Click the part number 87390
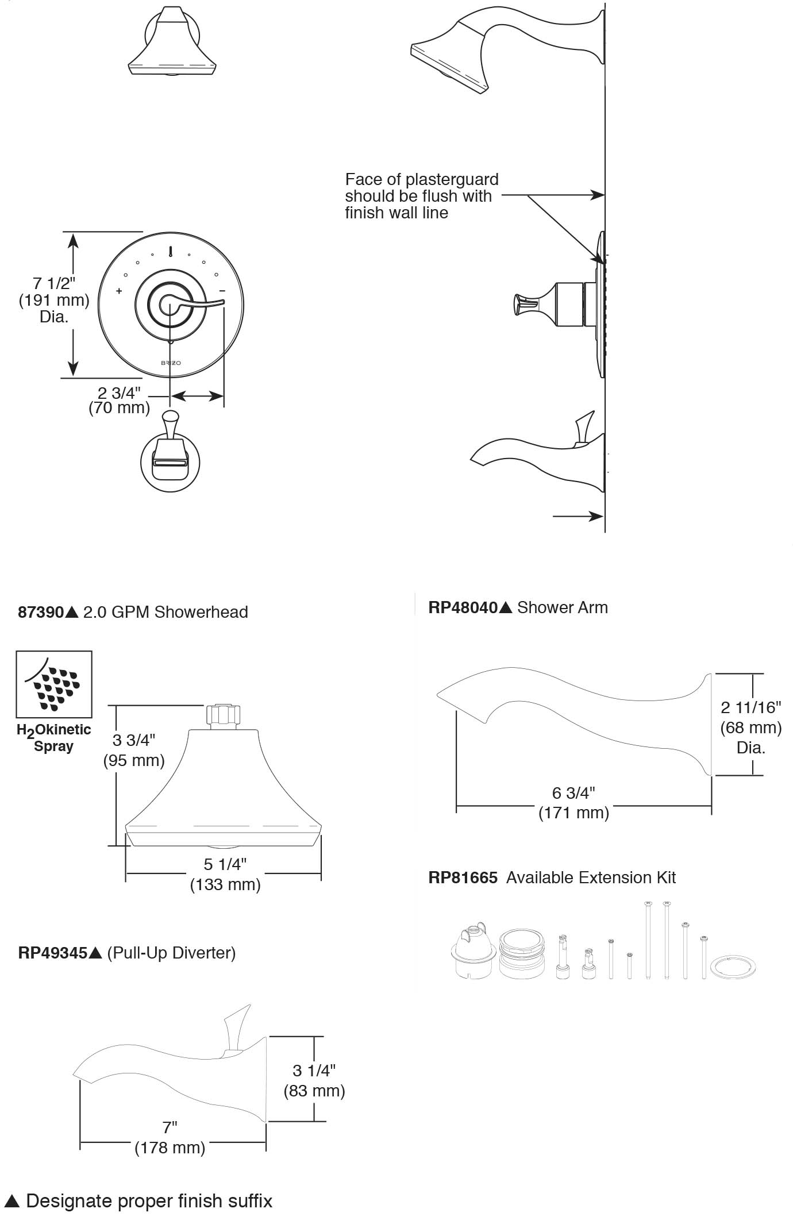[x=41, y=612]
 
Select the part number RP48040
[x=463, y=607]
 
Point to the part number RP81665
[x=463, y=877]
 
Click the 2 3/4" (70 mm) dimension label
[x=119, y=401]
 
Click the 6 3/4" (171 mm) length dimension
[x=573, y=802]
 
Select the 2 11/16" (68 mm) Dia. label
[x=751, y=727]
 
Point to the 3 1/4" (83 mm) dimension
[x=314, y=1080]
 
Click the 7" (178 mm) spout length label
[x=170, y=1138]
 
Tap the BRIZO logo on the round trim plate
[x=171, y=363]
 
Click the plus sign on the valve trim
[x=119, y=291]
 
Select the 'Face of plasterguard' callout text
[x=422, y=196]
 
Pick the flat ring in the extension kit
[x=733, y=967]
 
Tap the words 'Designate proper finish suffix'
[x=149, y=1201]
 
